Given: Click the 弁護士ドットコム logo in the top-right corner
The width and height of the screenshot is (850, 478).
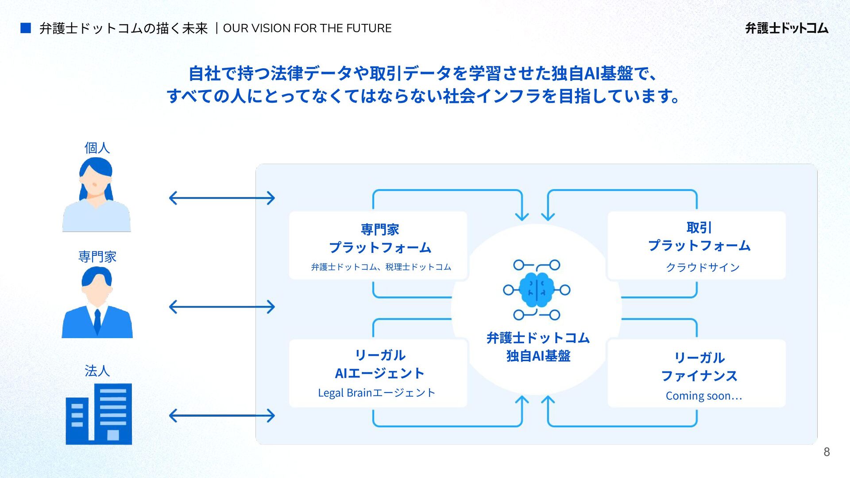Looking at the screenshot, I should click(x=786, y=28).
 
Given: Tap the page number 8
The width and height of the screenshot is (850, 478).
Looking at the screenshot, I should click(x=826, y=452).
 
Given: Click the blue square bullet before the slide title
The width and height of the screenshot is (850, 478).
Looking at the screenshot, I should click(x=26, y=28).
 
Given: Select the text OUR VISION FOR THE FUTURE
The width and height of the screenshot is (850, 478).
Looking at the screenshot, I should click(x=307, y=28).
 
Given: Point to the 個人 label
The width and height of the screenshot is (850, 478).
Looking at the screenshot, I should click(x=97, y=148).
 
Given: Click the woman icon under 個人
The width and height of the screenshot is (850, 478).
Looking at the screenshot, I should click(x=97, y=195).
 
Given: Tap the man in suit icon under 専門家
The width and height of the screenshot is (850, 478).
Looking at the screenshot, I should click(x=97, y=303).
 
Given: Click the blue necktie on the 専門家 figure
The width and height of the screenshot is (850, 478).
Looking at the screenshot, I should click(x=97, y=321).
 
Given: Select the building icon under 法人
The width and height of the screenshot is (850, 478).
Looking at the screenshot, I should click(x=99, y=414).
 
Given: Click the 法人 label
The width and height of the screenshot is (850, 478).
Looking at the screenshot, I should click(x=97, y=370).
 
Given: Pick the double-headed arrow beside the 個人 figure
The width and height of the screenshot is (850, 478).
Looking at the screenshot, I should click(x=222, y=198).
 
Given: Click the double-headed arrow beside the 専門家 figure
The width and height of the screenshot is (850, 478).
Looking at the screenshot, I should click(x=222, y=307).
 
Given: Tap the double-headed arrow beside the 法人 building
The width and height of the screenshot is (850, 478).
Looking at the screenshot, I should click(x=222, y=416).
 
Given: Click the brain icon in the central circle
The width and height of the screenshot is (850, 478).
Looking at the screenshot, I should click(x=537, y=290).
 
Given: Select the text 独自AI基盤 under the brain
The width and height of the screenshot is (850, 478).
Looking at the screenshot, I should click(x=538, y=356).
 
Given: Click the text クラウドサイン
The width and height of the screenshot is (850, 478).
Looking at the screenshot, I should click(x=703, y=267).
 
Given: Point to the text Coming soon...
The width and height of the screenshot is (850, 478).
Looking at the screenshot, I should click(x=703, y=396).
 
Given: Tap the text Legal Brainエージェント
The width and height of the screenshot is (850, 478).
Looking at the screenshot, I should click(x=377, y=393).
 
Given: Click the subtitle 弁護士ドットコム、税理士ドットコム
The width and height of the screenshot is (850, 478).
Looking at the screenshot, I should click(x=381, y=267).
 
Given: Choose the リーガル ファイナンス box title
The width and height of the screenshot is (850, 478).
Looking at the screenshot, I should click(x=699, y=366).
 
